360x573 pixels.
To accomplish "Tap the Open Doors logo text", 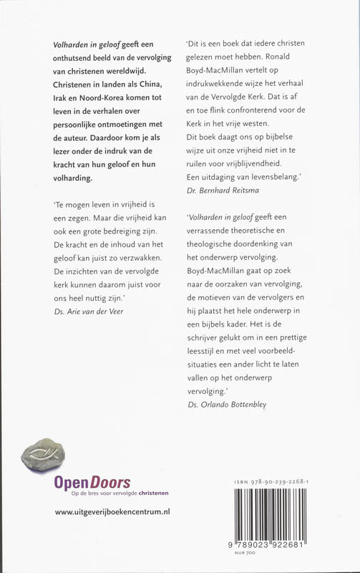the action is [x=92, y=483].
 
